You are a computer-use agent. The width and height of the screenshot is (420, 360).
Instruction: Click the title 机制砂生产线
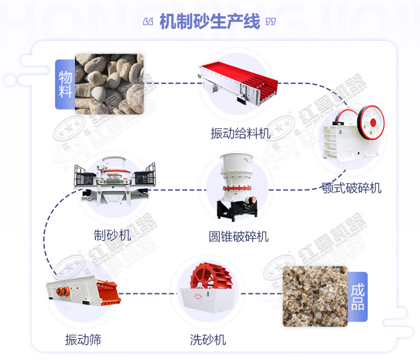tap(210, 22)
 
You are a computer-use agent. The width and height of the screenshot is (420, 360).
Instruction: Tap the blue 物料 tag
tap(65, 84)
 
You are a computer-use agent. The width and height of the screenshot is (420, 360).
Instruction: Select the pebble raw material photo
tap(109, 83)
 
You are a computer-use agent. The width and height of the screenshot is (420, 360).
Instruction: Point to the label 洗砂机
tap(208, 340)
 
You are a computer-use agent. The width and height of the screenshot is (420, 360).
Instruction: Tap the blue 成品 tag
tap(358, 296)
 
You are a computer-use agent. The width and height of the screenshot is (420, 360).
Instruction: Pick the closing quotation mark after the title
tap(271, 22)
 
